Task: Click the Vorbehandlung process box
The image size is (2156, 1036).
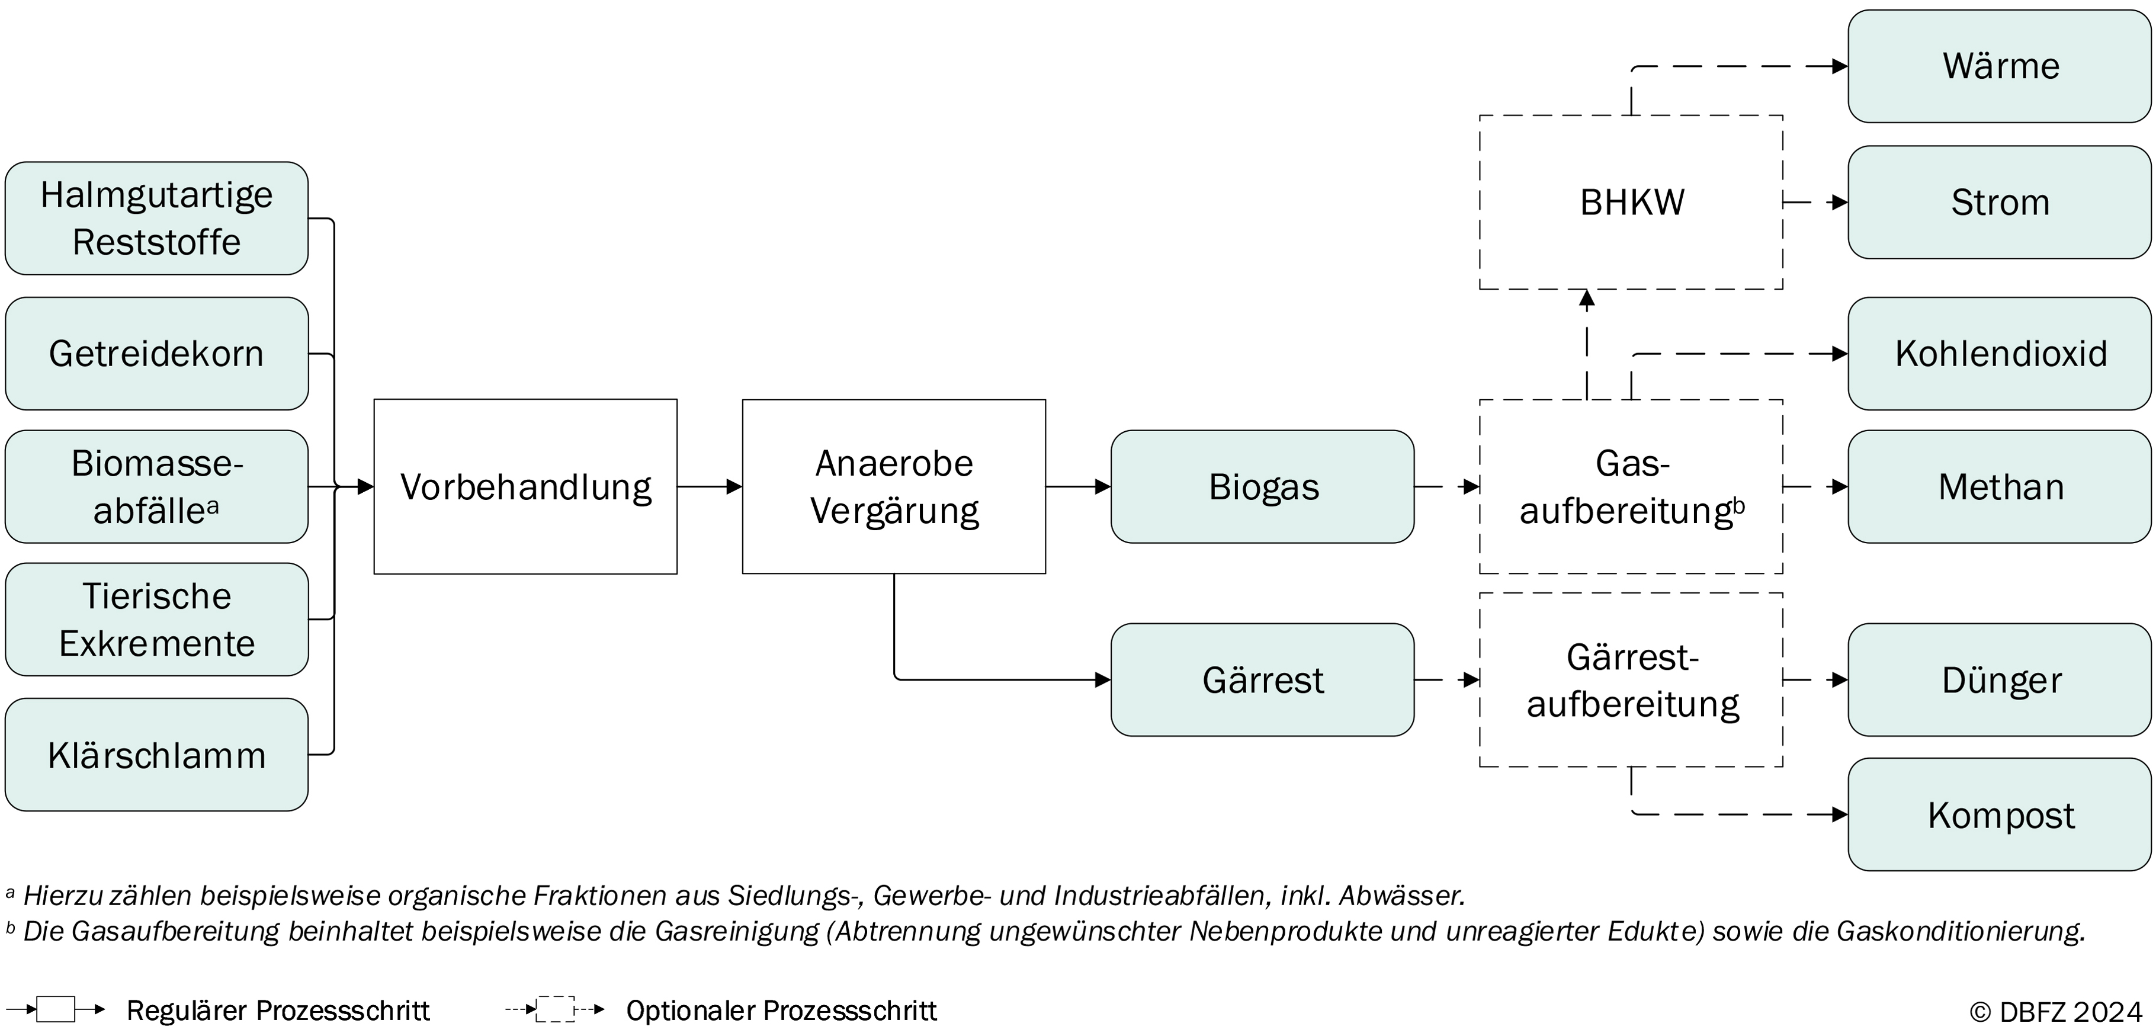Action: [525, 486]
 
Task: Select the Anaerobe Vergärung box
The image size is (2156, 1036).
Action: [894, 486]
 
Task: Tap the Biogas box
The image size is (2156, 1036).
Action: [1263, 487]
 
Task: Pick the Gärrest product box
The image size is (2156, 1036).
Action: [1263, 679]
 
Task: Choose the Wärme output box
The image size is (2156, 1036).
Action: [2000, 66]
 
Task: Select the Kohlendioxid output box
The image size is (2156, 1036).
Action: [2000, 353]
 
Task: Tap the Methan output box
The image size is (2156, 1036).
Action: [2000, 487]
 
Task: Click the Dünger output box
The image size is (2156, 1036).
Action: [2000, 679]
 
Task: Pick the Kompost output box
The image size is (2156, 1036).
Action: [2000, 814]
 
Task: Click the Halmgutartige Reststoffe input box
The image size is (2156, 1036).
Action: [156, 219]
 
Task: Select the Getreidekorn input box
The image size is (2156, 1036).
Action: [156, 353]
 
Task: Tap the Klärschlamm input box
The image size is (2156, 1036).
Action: [156, 755]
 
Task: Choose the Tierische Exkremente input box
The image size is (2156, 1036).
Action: [156, 619]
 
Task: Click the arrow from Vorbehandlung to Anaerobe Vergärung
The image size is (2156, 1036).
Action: [710, 486]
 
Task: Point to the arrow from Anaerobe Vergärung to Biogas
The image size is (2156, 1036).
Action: [1079, 486]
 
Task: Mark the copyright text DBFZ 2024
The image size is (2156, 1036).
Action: [2055, 1012]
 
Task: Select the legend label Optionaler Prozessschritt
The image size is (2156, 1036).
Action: [782, 1011]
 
